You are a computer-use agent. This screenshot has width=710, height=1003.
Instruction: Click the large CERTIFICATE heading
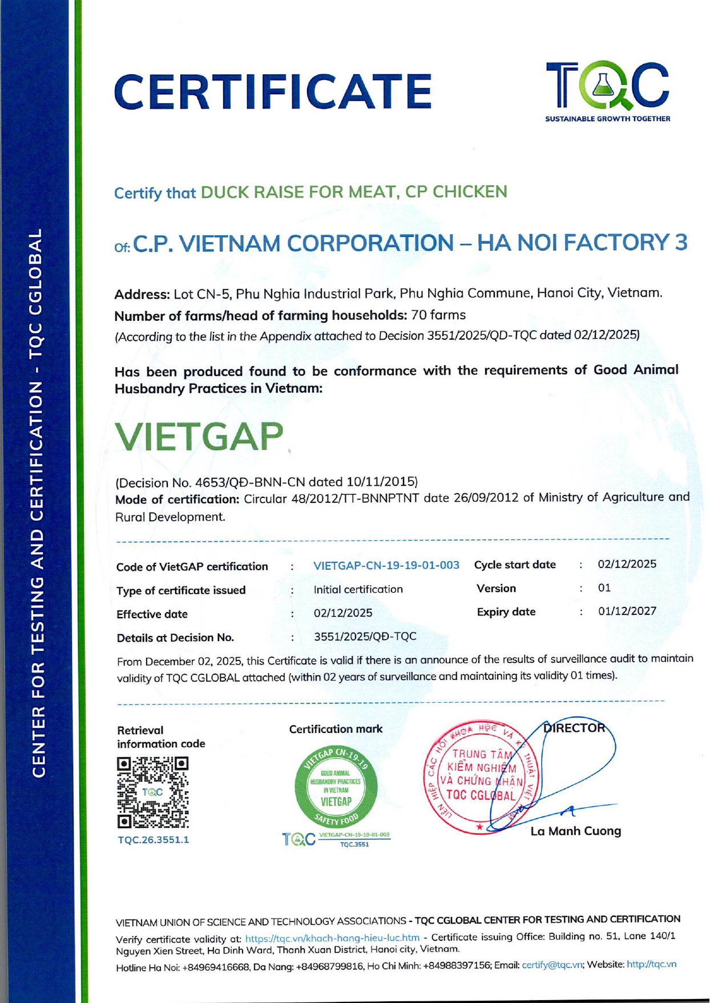click(x=273, y=91)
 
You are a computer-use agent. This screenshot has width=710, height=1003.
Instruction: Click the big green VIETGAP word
click(x=199, y=437)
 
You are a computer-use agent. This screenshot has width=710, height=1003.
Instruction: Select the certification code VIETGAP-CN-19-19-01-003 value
click(x=386, y=565)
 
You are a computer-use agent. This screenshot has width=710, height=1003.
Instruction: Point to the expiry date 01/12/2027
click(x=627, y=611)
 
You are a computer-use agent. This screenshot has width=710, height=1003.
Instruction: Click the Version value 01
click(x=604, y=588)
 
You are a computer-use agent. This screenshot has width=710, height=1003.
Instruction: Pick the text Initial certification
click(x=358, y=589)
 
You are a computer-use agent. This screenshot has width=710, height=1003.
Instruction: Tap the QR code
click(x=153, y=792)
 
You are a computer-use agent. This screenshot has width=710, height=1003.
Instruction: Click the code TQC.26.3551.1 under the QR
click(x=153, y=840)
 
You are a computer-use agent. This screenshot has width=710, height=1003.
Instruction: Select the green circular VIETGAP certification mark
click(x=336, y=787)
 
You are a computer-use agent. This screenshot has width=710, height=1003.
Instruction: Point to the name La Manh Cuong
click(x=575, y=831)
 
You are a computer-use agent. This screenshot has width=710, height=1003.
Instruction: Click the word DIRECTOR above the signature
click(x=574, y=728)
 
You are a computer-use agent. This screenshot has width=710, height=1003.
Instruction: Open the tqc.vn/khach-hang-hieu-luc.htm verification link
click(x=332, y=938)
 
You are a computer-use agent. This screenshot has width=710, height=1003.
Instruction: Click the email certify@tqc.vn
click(x=552, y=964)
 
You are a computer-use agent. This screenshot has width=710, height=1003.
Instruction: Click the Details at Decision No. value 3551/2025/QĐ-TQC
click(x=365, y=637)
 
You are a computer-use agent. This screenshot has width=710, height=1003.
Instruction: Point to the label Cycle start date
click(x=514, y=565)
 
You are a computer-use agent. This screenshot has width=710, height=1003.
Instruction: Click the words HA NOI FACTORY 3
click(x=582, y=243)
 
